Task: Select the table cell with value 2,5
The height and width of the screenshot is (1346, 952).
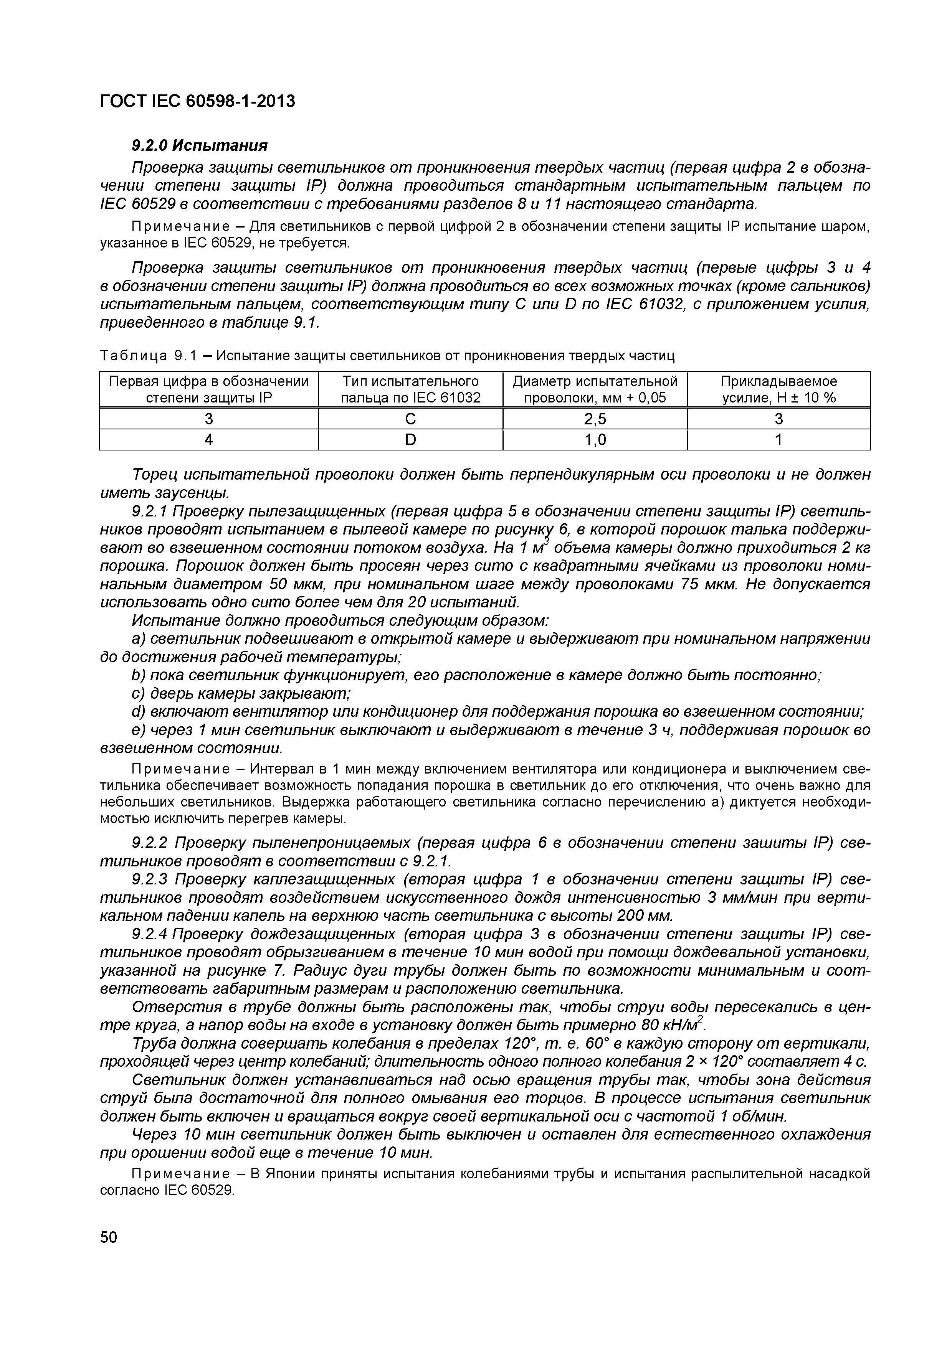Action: pos(595,419)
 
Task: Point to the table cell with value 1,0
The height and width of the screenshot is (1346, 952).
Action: pos(595,440)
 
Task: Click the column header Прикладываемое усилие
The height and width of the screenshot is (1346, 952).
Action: pos(778,389)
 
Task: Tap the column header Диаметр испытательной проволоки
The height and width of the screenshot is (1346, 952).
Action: pos(595,389)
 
